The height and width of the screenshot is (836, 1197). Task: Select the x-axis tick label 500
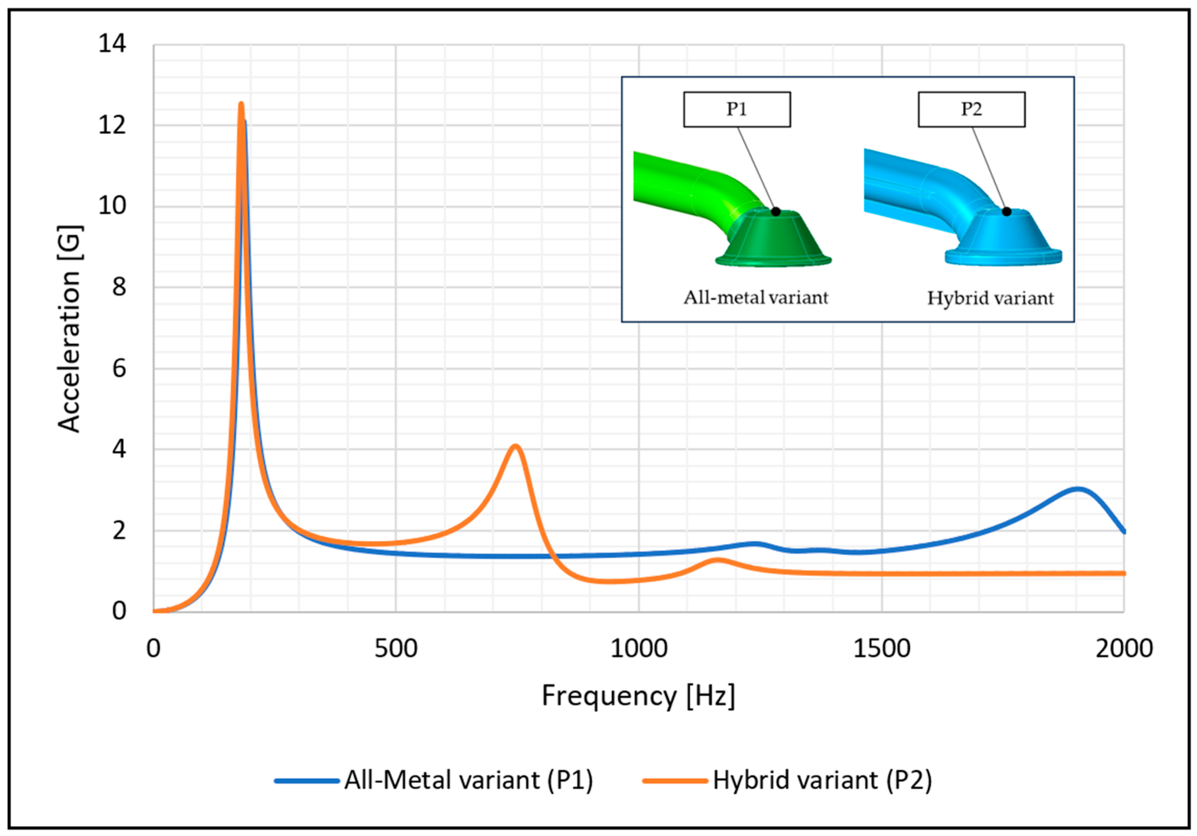pos(396,649)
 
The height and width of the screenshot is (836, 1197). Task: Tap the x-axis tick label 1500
pos(881,649)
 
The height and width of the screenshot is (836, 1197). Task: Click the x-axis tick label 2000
pos(1123,649)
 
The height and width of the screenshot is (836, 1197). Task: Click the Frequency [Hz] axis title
pos(638,696)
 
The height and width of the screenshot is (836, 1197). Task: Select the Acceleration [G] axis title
pos(69,329)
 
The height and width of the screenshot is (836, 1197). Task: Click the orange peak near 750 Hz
pos(515,446)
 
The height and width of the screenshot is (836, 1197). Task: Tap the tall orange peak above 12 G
pos(241,105)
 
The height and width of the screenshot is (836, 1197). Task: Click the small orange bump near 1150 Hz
pos(717,560)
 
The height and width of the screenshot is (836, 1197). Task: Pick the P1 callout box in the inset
pos(737,109)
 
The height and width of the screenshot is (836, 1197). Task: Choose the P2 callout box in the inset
pos(971,109)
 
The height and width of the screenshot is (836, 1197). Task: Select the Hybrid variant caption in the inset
pos(990,298)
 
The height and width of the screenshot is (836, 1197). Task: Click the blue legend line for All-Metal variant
pos(307,781)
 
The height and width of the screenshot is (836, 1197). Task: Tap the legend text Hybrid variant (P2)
pos(822,781)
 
